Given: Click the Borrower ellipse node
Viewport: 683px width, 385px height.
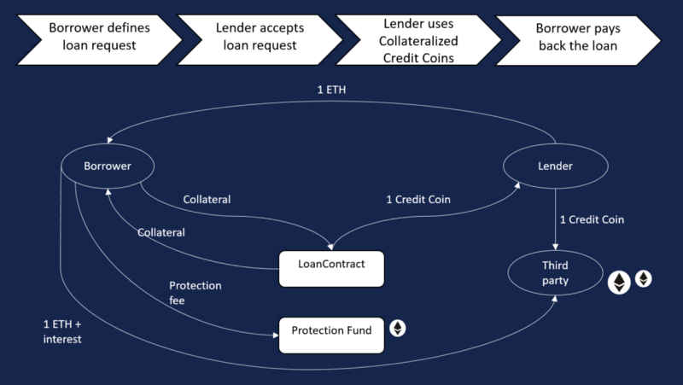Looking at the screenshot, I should coord(108,166).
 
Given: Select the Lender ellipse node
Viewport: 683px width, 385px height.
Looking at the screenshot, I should coord(556,166).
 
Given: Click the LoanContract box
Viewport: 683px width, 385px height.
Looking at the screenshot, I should coord(332,265).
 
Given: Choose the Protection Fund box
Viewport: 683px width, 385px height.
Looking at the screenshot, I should coord(332,330).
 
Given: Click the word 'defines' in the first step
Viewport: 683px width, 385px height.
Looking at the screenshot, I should coord(126,26).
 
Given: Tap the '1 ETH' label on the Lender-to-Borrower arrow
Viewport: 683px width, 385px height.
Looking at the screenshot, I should coord(333,89).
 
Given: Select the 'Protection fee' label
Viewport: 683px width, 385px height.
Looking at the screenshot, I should coord(196,293).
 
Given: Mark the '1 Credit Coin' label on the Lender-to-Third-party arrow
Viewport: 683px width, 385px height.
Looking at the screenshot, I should coord(593,219).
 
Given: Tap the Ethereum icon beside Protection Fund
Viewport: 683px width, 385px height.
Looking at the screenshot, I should coord(397,328).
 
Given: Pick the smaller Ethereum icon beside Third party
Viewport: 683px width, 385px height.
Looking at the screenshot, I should coord(643,278).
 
